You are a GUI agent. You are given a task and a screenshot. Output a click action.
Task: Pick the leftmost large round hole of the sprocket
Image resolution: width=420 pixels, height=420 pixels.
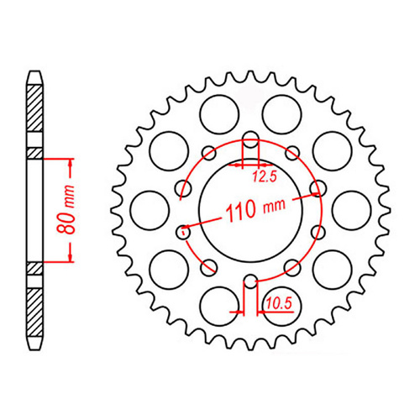coord(146,206)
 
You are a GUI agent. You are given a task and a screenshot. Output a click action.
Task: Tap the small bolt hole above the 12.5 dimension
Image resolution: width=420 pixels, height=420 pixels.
coord(249,140)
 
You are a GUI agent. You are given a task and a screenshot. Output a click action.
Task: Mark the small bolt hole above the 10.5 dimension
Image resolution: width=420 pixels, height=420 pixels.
coord(249,281)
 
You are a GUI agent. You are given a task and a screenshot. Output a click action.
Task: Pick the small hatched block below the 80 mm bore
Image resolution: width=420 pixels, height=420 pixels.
coord(34,268)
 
